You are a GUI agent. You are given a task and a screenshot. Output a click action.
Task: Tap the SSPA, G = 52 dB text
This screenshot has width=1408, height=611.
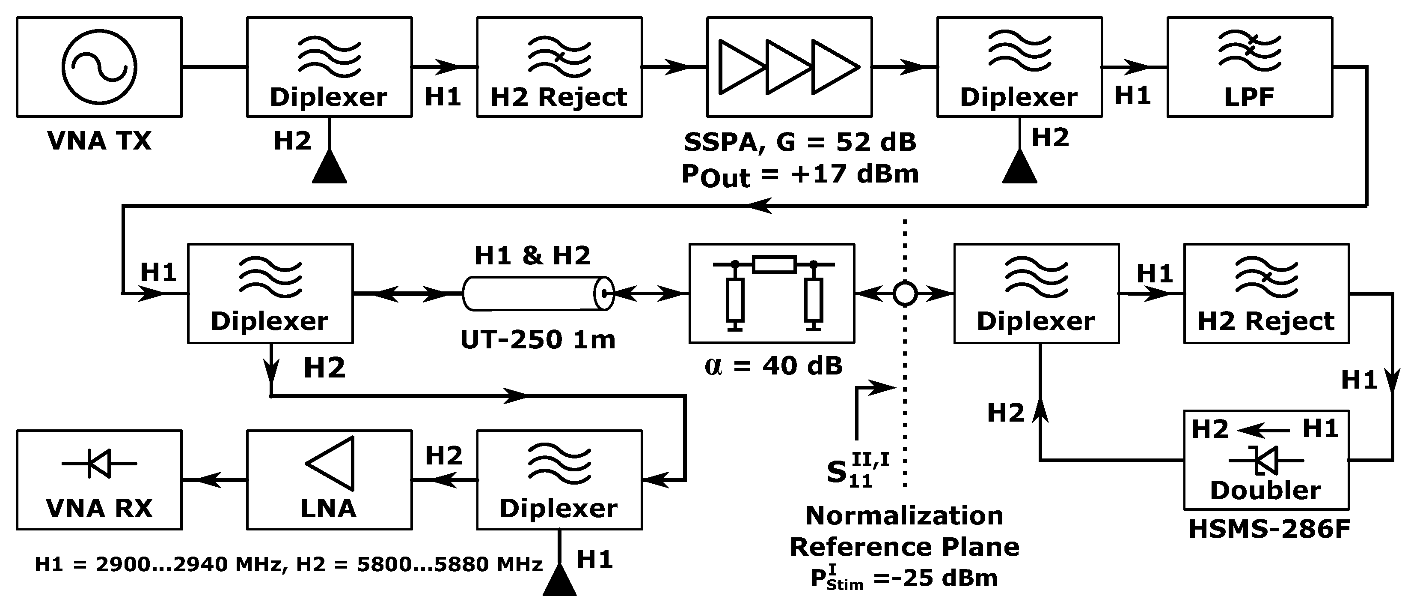800,142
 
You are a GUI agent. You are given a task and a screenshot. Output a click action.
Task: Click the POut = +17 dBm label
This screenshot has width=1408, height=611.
800,175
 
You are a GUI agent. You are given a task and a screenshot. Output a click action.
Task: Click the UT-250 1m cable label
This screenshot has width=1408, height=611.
538,340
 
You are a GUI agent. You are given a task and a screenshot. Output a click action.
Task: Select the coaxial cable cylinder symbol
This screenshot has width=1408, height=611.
538,294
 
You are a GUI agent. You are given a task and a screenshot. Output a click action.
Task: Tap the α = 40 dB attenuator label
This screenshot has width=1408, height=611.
773,365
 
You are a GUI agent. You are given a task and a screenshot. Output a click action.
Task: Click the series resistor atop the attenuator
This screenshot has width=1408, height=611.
774,265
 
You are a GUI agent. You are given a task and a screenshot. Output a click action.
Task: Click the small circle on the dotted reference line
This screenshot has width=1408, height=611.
905,294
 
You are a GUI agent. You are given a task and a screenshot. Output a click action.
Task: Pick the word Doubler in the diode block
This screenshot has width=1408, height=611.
1265,490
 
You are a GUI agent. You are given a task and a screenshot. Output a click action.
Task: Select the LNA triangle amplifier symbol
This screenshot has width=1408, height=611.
332,463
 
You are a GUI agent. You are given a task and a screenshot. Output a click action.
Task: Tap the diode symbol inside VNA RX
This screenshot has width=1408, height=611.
99,463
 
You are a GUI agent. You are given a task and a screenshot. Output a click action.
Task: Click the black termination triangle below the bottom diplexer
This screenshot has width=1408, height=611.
559,580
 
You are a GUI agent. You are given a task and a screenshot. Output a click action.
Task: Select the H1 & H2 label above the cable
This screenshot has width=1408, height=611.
532,255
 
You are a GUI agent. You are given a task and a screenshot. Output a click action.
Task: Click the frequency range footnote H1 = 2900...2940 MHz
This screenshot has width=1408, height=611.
288,564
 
